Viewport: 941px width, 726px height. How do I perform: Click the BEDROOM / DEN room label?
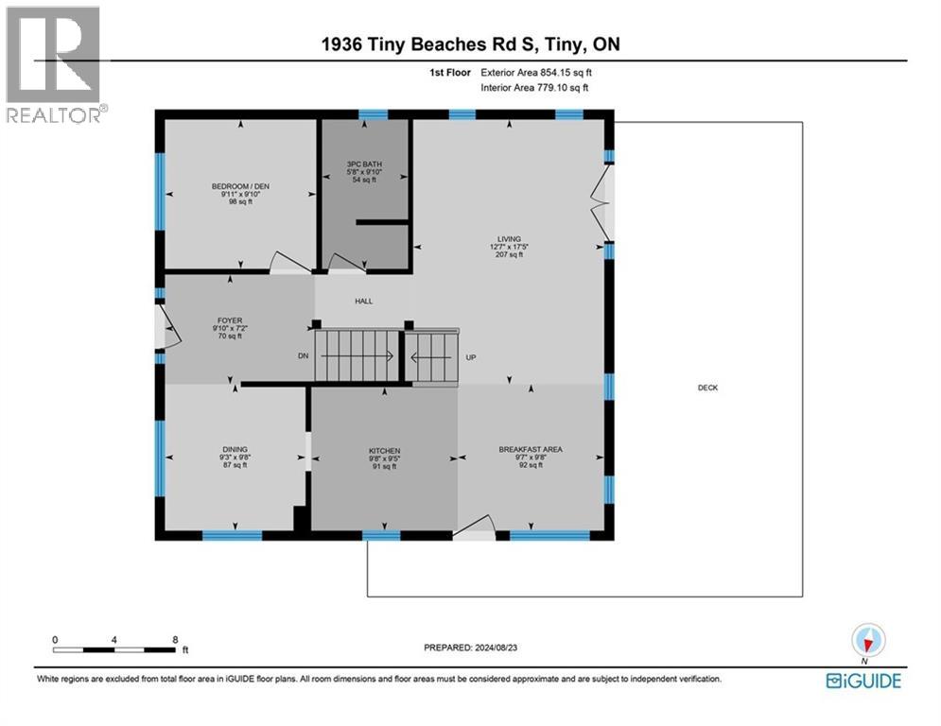click(240, 186)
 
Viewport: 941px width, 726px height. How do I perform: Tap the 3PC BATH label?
click(364, 164)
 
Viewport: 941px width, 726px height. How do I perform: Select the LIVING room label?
click(509, 239)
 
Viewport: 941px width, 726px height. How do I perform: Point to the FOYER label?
click(230, 321)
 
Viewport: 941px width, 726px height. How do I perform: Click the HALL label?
click(364, 302)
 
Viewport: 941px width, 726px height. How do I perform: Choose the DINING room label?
click(235, 449)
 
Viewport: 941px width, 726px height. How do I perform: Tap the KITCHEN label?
click(384, 451)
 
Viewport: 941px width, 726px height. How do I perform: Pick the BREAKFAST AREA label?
click(531, 449)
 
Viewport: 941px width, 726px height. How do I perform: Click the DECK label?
click(707, 388)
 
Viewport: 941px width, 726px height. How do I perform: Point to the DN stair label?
click(303, 355)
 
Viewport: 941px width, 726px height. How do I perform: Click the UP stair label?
click(471, 357)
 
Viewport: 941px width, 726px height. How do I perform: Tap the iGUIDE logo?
click(863, 681)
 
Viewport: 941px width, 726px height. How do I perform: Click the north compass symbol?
click(868, 640)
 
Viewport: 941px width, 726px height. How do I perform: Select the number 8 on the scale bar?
click(175, 640)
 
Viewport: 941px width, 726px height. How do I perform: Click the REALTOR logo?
click(53, 65)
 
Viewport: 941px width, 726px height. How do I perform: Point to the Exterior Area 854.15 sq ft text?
click(536, 73)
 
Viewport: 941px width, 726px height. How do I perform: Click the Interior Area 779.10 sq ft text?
click(534, 88)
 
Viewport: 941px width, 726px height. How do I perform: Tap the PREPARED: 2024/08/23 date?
click(471, 648)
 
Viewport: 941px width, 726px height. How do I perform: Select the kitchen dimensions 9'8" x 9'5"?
click(384, 459)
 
